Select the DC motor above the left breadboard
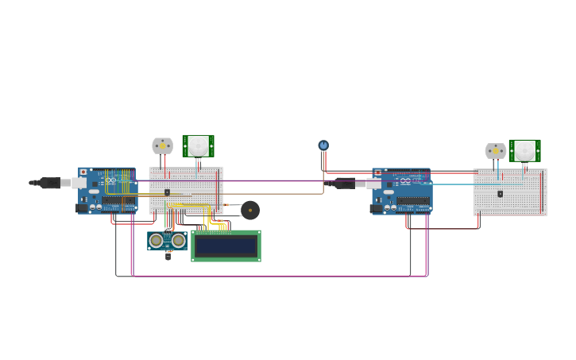coord(162,145)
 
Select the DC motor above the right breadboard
coord(496,151)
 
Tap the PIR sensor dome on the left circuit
coord(198,145)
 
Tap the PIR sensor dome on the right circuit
coord(524,150)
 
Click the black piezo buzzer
coord(250,210)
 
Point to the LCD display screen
coord(226,246)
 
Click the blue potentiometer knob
coord(323,145)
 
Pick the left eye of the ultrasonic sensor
coord(157,240)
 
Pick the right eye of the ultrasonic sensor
coord(178,240)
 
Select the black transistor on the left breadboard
coord(167,192)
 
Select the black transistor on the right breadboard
coord(500,194)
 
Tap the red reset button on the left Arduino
coord(83,172)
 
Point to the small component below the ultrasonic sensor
coord(168,256)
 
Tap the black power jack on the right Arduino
coord(376,208)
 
